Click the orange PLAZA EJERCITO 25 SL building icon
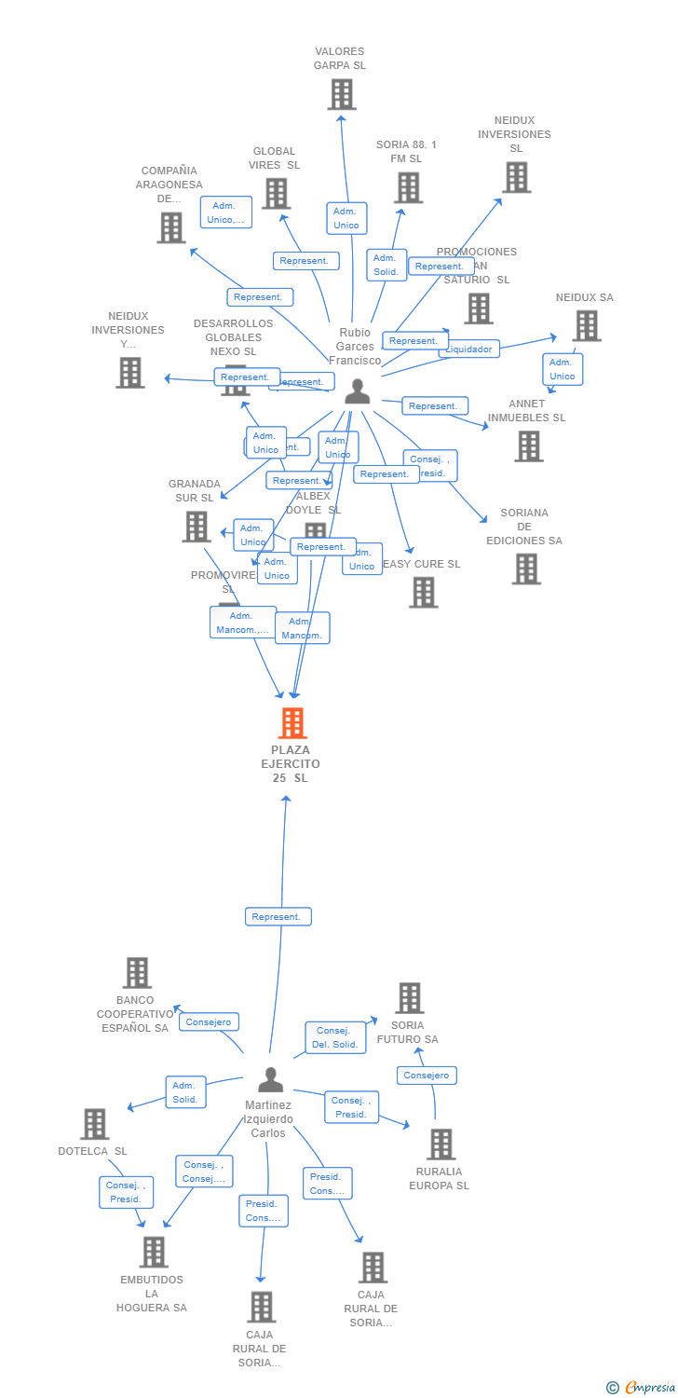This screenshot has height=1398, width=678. tap(292, 723)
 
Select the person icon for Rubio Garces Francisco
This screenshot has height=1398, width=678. tap(357, 391)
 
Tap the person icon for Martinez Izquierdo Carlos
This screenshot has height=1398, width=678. tap(270, 1080)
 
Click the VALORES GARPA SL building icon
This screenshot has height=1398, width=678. tap(342, 94)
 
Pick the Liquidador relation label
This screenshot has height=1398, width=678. tap(469, 349)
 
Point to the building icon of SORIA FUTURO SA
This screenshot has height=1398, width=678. tap(409, 998)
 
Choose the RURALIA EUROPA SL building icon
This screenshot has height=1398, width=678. tap(440, 1144)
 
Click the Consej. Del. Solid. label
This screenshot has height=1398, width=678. tap(336, 1037)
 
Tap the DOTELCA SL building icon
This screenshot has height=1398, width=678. tap(94, 1124)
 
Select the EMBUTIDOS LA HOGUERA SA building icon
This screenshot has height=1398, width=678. tap(153, 1252)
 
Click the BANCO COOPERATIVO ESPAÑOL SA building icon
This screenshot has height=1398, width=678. tap(137, 973)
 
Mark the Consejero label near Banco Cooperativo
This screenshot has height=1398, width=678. tap(209, 1021)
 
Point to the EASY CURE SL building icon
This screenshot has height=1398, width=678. tap(423, 592)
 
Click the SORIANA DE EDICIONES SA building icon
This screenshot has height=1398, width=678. tap(525, 569)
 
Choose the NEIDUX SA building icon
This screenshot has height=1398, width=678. tap(586, 326)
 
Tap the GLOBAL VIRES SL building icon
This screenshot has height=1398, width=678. tap(275, 194)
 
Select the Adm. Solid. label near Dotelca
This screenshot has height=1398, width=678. tap(185, 1092)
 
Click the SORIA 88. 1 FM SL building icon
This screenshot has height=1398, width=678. tap(407, 187)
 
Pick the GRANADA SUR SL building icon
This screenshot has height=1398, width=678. tap(196, 527)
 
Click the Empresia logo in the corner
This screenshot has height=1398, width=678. tap(642, 1388)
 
